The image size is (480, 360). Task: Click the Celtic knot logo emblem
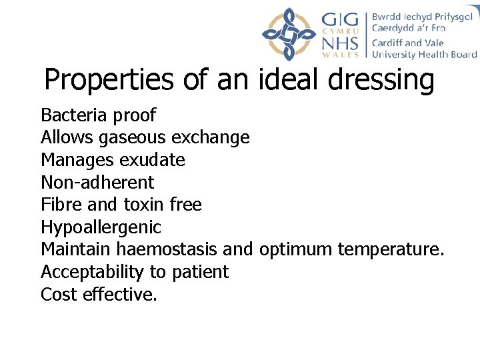click(x=288, y=34)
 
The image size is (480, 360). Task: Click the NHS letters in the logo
click(x=341, y=43)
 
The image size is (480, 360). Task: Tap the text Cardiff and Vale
click(x=408, y=43)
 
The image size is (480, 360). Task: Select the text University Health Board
click(x=425, y=55)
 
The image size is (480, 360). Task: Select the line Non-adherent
click(x=97, y=182)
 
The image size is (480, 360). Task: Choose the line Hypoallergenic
click(x=101, y=227)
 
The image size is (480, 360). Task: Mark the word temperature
click(x=391, y=250)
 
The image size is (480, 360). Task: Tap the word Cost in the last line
click(x=59, y=294)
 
